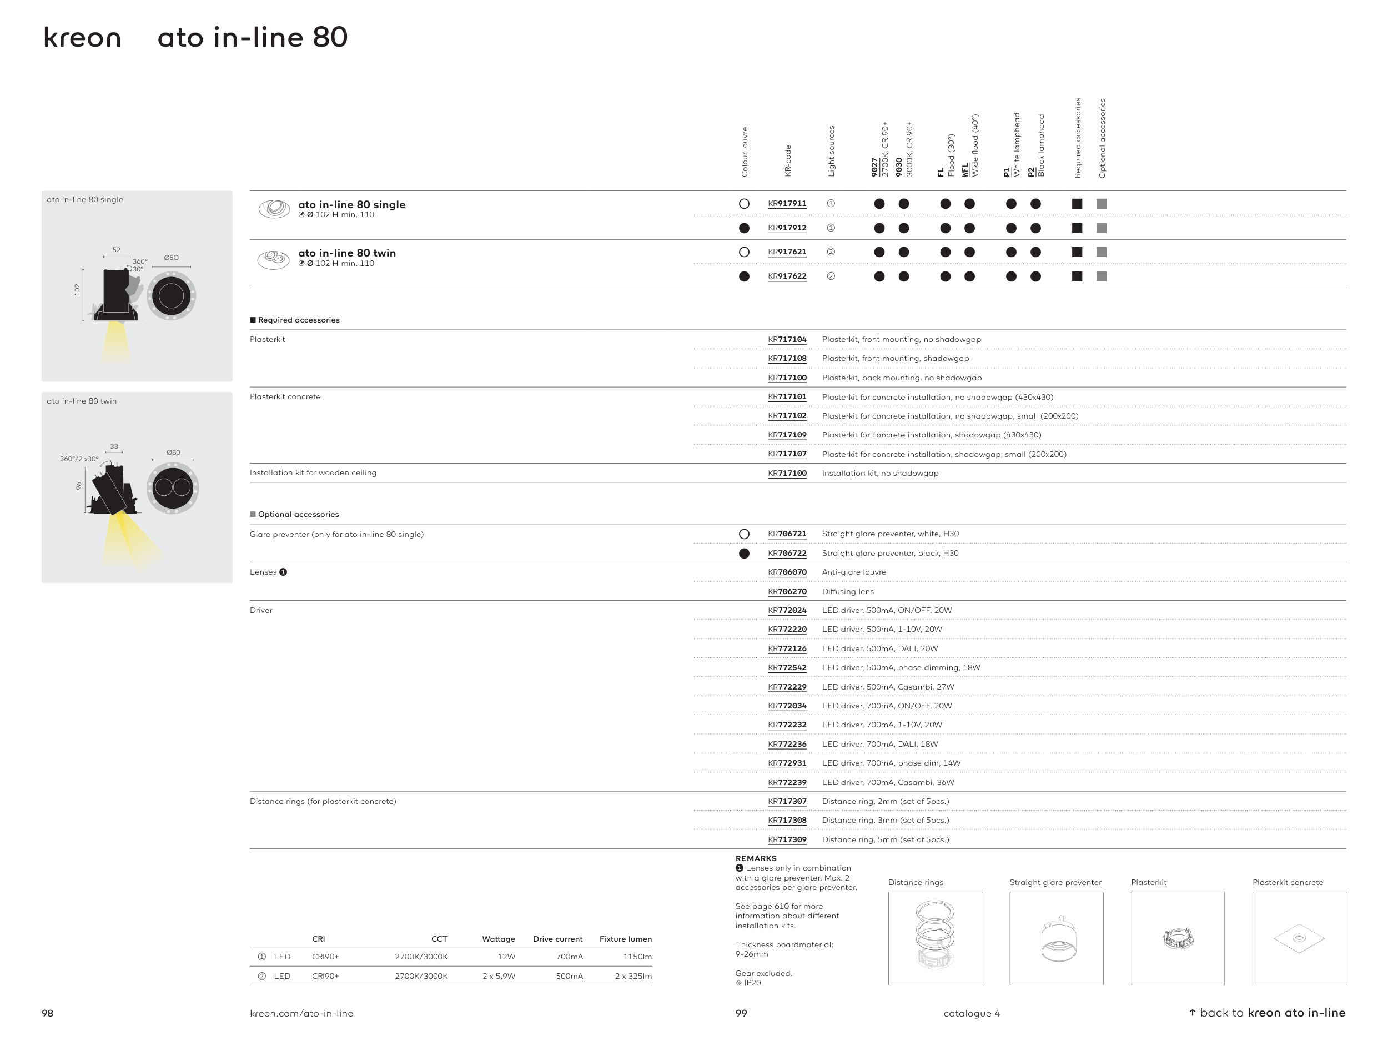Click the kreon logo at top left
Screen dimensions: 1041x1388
[82, 38]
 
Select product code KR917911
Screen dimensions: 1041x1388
[787, 204]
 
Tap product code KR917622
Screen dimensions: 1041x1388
[787, 276]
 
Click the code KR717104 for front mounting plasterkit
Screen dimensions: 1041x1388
[787, 339]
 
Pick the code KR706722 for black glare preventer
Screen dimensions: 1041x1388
[787, 554]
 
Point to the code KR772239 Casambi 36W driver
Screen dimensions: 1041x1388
[787, 782]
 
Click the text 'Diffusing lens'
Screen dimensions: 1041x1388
[848, 592]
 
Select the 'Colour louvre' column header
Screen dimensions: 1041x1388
[745, 152]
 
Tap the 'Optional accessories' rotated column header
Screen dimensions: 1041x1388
[1102, 138]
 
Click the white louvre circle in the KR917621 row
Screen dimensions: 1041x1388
[744, 252]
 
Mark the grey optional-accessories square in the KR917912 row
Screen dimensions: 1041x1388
[1101, 228]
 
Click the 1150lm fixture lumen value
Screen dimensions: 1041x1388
[637, 957]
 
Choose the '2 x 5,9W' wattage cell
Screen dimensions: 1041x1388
[499, 977]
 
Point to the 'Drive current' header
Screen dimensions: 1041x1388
[557, 939]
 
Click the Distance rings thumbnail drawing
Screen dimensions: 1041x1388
[934, 938]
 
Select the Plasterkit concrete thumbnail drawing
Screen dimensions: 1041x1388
[1299, 938]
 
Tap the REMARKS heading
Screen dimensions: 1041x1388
[756, 858]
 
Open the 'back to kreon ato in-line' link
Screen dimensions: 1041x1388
[1268, 1013]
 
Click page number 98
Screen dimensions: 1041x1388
[48, 1013]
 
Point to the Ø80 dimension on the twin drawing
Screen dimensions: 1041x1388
[173, 452]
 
